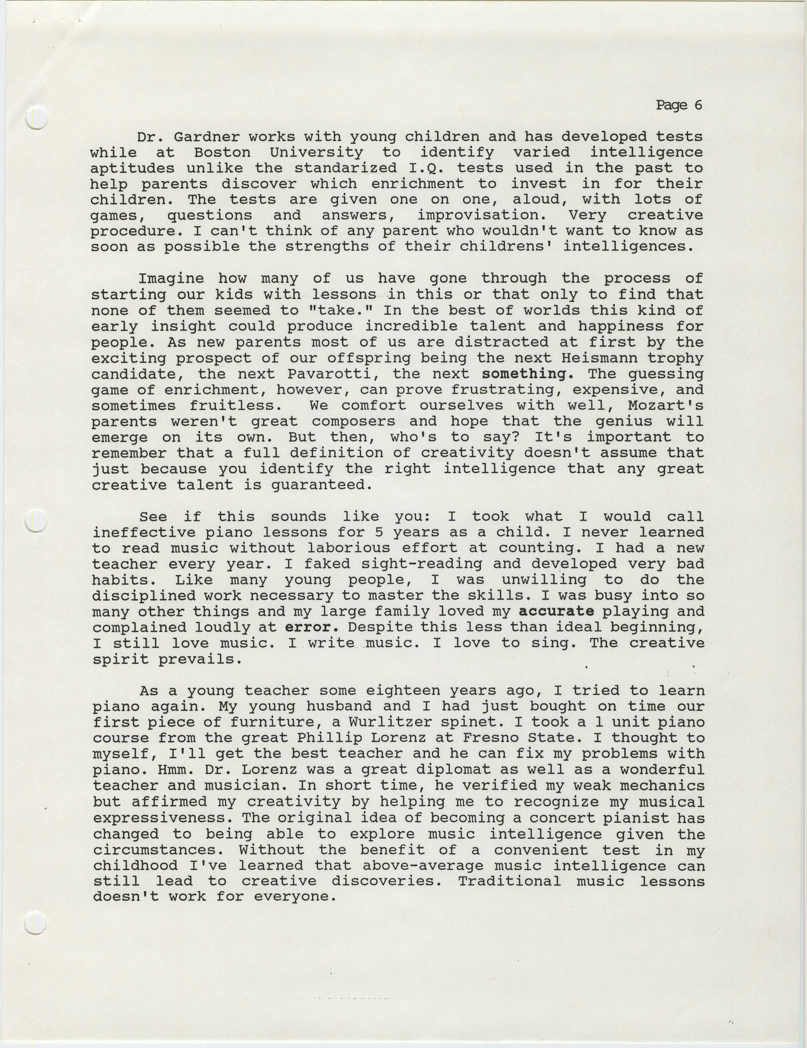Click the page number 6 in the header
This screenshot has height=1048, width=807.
click(x=697, y=105)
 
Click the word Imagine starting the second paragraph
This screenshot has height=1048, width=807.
click(x=171, y=278)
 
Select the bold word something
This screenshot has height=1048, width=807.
click(x=524, y=374)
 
